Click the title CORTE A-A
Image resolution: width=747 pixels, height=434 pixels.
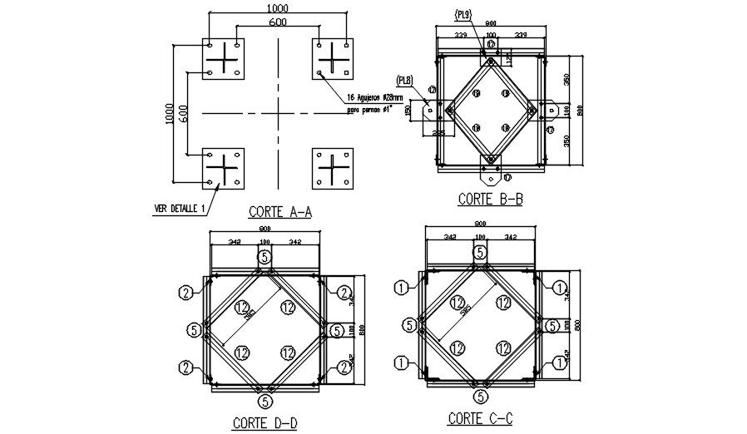click(280, 212)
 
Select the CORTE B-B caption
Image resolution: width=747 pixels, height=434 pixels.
click(490, 200)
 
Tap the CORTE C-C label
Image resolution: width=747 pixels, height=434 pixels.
click(480, 418)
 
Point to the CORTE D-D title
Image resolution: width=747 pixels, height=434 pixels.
click(265, 423)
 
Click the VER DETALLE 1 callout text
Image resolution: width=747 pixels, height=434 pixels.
click(179, 208)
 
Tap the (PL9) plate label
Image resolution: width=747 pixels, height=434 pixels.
click(463, 14)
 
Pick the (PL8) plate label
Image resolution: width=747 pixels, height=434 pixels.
click(406, 81)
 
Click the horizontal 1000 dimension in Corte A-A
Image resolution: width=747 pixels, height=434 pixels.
click(278, 7)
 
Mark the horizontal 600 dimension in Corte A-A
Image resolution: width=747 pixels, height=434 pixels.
click(278, 22)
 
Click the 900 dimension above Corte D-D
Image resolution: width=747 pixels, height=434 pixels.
click(264, 229)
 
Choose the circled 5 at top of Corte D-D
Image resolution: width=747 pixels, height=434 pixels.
click(265, 257)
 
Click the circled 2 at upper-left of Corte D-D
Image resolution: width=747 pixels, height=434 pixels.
click(185, 292)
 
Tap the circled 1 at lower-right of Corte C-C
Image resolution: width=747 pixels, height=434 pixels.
click(560, 362)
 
